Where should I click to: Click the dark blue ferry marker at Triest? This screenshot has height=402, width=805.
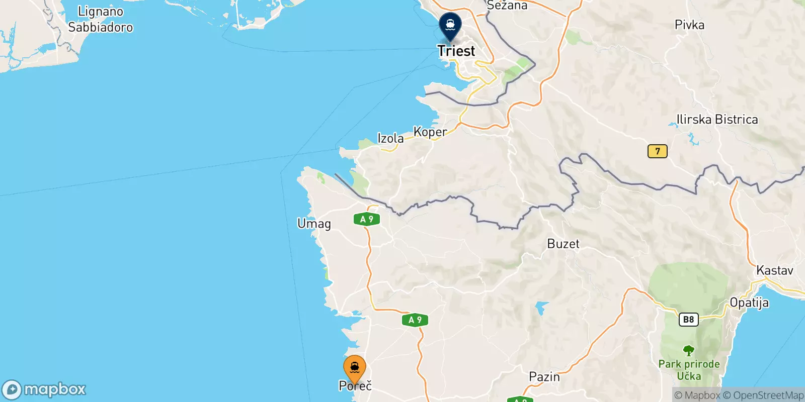pos(450,25)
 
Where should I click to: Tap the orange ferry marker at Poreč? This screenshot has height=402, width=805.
pos(355,368)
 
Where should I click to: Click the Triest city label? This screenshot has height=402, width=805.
pos(456,51)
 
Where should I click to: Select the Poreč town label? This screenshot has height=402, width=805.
pos(355,386)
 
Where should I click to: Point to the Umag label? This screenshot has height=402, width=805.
pos(314,224)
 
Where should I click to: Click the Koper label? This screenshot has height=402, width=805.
pos(430,132)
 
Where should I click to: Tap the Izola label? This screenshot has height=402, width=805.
pos(390,138)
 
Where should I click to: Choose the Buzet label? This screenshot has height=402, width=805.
pos(563,244)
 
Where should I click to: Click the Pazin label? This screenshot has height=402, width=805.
pos(544,376)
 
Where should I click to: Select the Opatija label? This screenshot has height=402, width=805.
pos(749,303)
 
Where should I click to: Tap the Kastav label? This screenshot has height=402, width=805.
pos(774,270)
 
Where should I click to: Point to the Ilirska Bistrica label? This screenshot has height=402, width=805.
pos(717,119)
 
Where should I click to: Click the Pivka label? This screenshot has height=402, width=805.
pos(689,25)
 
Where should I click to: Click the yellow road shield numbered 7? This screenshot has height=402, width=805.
pos(657,151)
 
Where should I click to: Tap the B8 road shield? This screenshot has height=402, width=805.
pos(688,319)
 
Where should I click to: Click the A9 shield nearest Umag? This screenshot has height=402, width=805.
pos(367,219)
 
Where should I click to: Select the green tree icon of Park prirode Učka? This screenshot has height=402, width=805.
pos(688,350)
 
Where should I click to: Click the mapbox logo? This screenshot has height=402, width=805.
pos(44,389)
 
